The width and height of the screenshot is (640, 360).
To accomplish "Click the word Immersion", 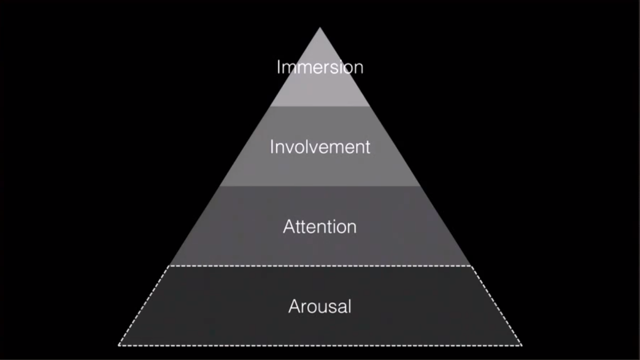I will click(x=320, y=67).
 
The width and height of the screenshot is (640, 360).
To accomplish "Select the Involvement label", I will click(x=320, y=147).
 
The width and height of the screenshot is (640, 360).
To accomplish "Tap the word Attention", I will click(x=320, y=227).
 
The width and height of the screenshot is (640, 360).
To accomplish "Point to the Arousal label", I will click(x=320, y=307).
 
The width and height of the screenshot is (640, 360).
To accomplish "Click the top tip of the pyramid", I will click(x=320, y=29).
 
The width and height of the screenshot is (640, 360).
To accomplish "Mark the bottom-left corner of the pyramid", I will click(x=119, y=345).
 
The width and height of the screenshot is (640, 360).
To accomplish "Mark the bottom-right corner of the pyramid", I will click(x=521, y=345).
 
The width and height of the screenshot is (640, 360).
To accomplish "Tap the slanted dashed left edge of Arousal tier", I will click(x=144, y=306).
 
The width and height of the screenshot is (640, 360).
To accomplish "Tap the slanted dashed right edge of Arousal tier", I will click(x=496, y=306).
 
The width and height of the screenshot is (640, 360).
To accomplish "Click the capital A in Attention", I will click(x=289, y=227).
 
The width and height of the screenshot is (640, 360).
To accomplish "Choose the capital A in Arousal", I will click(x=294, y=307).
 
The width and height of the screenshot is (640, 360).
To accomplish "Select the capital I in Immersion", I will click(x=278, y=67).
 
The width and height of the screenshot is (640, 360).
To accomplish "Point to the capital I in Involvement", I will click(x=271, y=147).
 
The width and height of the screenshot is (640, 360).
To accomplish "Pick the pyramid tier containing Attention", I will click(x=320, y=248).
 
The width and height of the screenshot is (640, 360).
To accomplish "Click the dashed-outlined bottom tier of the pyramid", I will click(x=320, y=328).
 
